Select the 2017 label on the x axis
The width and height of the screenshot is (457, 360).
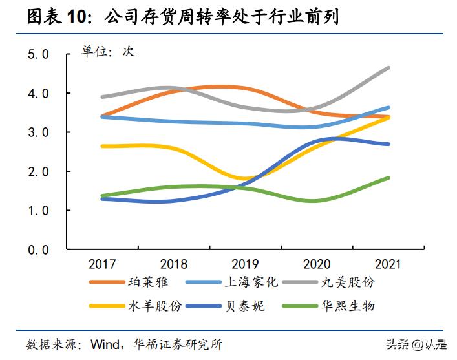click(102, 264)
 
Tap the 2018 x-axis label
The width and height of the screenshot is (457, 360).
click(174, 264)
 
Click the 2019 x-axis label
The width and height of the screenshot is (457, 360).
click(246, 264)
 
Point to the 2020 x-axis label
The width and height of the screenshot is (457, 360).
click(317, 264)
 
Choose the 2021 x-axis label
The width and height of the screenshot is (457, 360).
click(388, 264)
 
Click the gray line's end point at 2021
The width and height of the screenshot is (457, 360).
click(388, 68)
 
